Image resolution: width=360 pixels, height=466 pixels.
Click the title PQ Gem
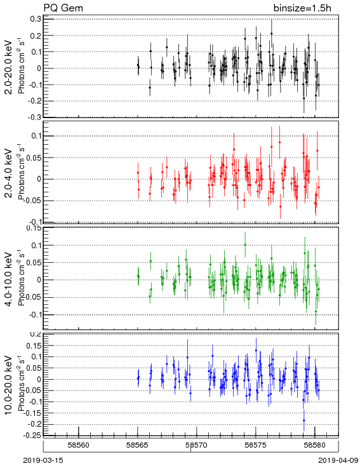[x=63, y=8]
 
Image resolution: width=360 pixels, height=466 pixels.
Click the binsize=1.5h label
[x=302, y=8]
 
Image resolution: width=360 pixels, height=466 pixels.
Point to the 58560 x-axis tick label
[x=79, y=445]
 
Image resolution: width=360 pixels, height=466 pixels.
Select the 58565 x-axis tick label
[x=137, y=445]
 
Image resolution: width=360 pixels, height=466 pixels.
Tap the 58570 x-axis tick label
[x=196, y=445]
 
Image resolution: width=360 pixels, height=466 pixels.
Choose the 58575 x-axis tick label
[x=256, y=445]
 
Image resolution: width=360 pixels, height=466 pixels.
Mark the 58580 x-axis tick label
[x=315, y=445]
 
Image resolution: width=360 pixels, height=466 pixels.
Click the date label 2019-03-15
[x=43, y=460]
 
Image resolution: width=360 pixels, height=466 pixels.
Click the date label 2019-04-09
[x=338, y=460]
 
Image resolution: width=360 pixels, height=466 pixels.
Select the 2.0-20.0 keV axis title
[x=9, y=67]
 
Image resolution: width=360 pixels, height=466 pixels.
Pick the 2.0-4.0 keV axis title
[x=9, y=173]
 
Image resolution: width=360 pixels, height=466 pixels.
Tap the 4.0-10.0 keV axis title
[x=9, y=279]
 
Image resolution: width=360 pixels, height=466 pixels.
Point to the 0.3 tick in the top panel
[x=36, y=19]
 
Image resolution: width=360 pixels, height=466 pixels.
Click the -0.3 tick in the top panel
[x=34, y=117]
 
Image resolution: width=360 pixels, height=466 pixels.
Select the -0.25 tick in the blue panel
[x=32, y=436]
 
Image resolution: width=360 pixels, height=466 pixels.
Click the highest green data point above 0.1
[x=245, y=244]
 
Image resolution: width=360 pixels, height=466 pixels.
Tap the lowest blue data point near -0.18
[x=304, y=420]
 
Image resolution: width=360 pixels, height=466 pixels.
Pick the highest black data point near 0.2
[x=271, y=34]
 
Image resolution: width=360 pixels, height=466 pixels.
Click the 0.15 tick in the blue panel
[x=34, y=345]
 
